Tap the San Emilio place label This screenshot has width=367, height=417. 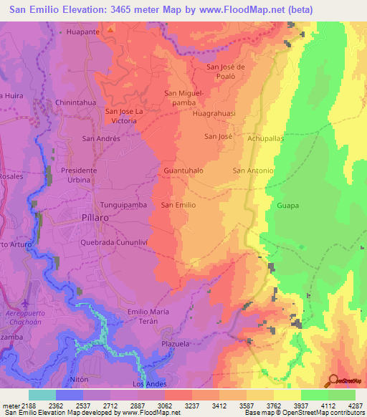(178, 205)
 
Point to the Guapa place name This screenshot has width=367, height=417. (287, 206)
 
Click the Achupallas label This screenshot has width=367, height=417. (266, 139)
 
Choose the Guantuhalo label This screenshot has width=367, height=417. (183, 171)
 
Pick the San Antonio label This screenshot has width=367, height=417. (254, 171)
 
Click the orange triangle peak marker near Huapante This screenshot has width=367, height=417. (110, 30)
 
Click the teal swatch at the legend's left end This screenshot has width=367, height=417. (42, 395)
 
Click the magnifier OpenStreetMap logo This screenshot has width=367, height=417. (334, 380)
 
